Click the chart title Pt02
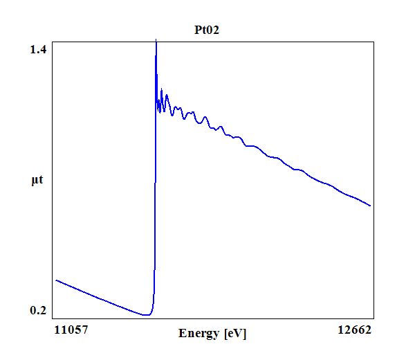(206, 30)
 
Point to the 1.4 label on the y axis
(39, 49)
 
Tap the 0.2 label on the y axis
(39, 310)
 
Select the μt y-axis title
(37, 181)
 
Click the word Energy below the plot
(200, 334)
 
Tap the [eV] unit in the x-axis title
(235, 334)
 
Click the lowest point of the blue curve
(145, 315)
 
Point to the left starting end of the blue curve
(56, 280)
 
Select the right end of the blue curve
(371, 206)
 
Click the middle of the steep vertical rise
(155, 180)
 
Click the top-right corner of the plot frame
(374, 42)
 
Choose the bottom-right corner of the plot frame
(374, 319)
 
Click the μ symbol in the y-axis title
(35, 181)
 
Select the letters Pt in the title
(199, 30)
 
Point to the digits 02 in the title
(213, 30)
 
